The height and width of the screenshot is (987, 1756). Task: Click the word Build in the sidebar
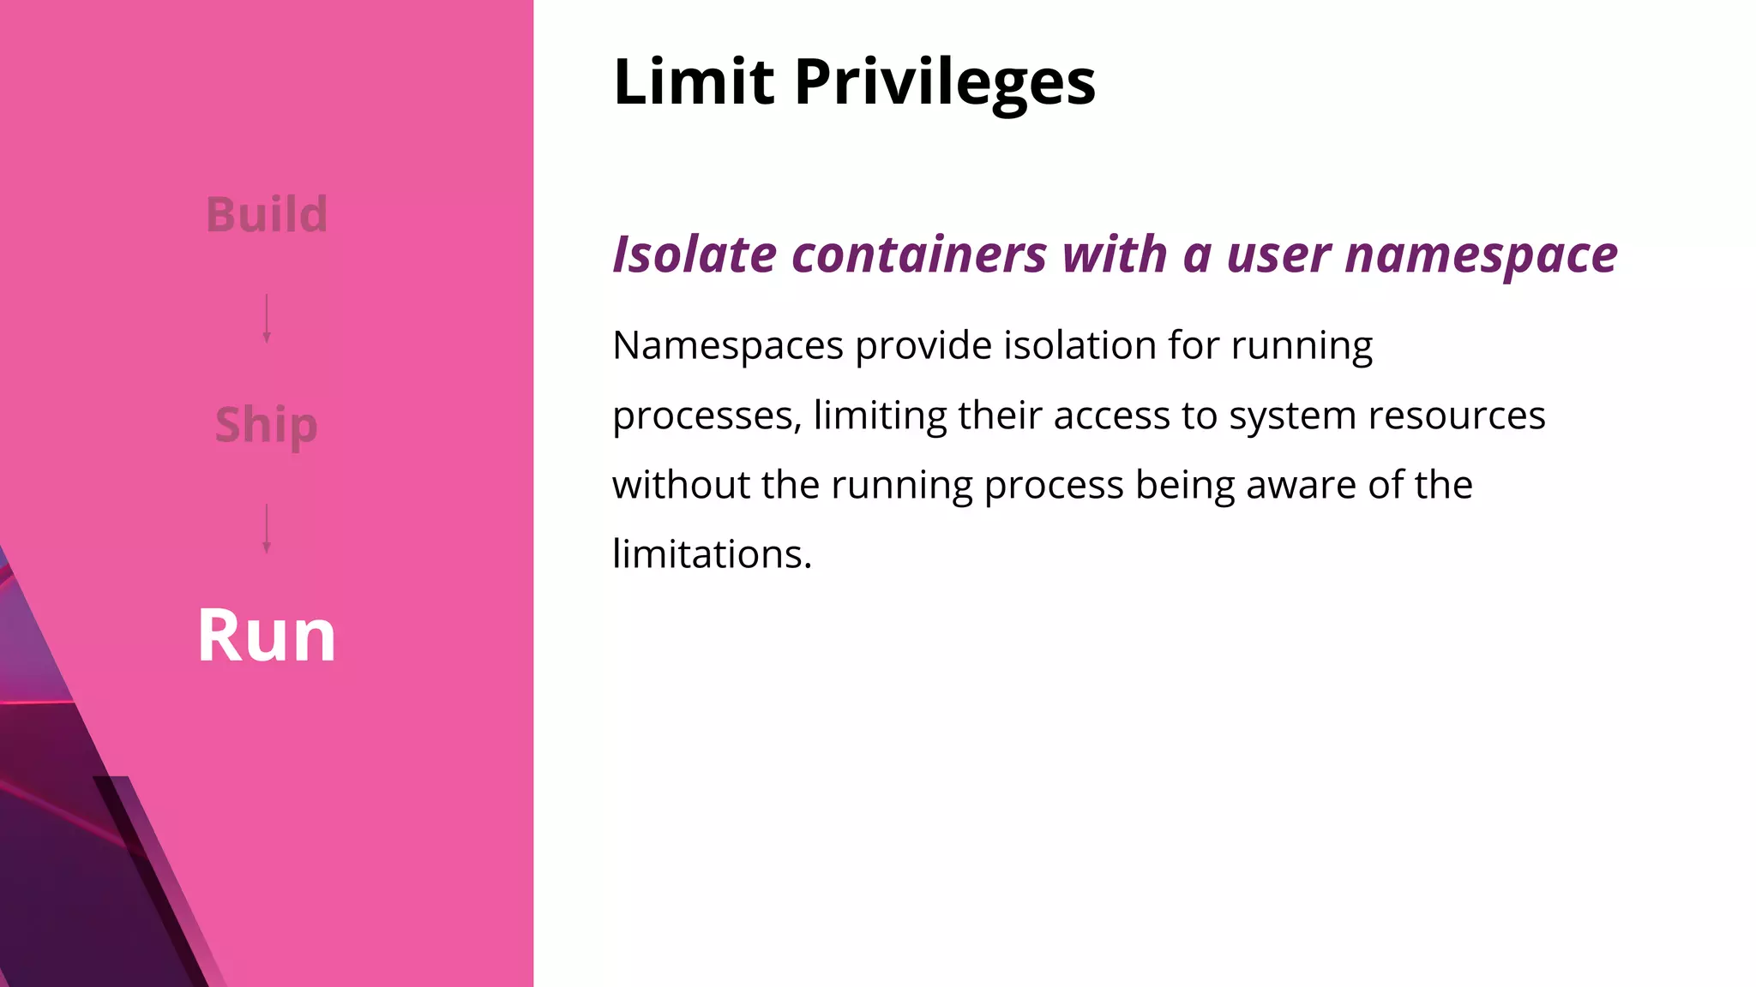click(x=267, y=214)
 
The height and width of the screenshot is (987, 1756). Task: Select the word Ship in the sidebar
click(x=266, y=425)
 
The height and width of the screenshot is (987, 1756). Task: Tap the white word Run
click(x=267, y=636)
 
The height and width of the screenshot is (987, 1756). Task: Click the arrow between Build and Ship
click(x=267, y=319)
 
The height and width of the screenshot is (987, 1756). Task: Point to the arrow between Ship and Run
click(x=267, y=529)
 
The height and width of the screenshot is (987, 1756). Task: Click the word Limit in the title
click(x=694, y=82)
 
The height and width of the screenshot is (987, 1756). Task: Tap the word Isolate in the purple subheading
click(x=695, y=254)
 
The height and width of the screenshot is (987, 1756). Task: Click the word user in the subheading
click(x=1278, y=256)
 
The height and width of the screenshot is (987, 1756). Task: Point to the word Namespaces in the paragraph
click(x=728, y=347)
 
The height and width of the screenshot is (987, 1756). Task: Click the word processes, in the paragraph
click(x=707, y=417)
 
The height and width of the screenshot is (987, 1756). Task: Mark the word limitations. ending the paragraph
click(x=712, y=554)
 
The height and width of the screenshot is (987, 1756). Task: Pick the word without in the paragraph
click(x=681, y=485)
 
